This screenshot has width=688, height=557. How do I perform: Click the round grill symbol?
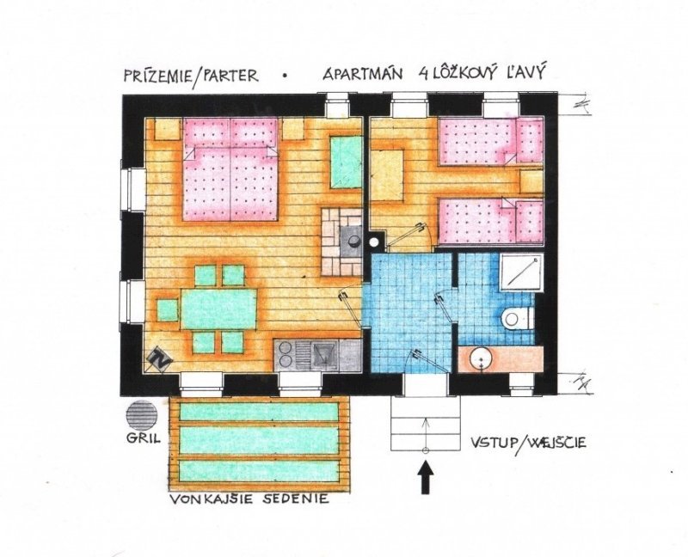click(142, 414)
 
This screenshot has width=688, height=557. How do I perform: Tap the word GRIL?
click(143, 438)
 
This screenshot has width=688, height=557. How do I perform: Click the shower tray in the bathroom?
click(521, 272)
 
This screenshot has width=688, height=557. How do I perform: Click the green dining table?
click(218, 309)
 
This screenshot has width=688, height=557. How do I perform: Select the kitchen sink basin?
click(324, 354)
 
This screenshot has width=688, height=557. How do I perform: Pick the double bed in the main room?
click(230, 168)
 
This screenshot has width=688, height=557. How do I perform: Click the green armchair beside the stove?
click(346, 162)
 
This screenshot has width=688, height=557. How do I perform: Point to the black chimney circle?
click(374, 242)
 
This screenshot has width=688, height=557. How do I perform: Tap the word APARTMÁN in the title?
click(362, 74)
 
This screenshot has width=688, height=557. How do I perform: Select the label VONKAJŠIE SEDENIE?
click(249, 499)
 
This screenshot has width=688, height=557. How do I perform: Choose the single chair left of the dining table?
click(168, 310)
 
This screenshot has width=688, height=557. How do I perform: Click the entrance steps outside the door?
click(425, 423)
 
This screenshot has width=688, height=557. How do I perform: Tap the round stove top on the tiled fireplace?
click(352, 240)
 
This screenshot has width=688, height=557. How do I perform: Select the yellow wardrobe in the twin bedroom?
click(386, 175)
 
